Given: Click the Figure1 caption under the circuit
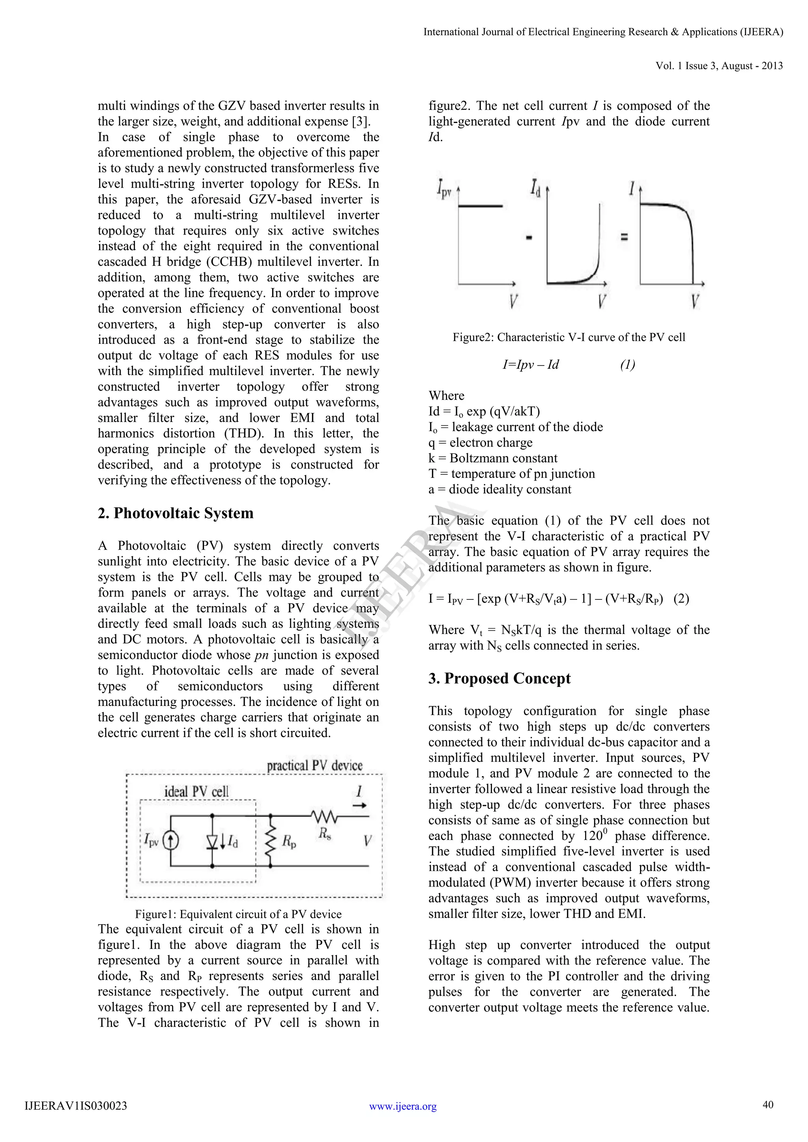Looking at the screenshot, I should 238,914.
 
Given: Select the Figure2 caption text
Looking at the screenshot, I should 569,337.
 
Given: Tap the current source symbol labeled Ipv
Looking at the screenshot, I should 171,841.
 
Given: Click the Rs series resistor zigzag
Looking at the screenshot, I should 324,816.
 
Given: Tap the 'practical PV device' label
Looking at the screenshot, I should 314,765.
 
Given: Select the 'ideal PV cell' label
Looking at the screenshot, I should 196,792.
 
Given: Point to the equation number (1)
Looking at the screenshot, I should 627,365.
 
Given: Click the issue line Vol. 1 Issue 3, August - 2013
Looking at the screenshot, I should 719,65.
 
